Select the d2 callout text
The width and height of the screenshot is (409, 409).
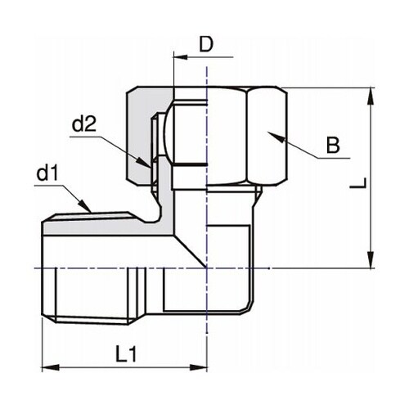85,125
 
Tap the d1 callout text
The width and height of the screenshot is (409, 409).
47,174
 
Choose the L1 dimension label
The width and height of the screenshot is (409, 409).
124,354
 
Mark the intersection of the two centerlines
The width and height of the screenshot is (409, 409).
207,268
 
